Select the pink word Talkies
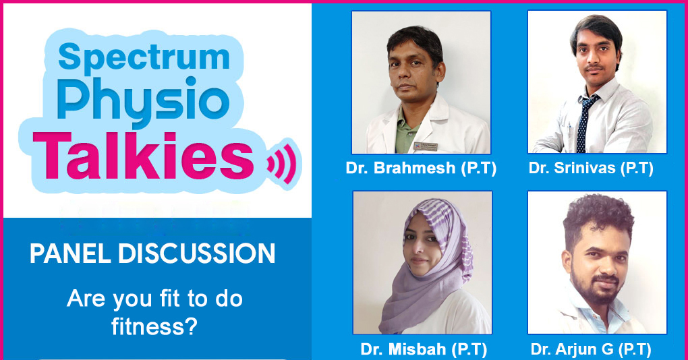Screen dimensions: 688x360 (x=144, y=156)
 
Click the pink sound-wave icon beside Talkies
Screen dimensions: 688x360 (x=281, y=163)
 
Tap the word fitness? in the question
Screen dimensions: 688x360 (x=154, y=327)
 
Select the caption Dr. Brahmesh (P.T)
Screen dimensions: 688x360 (x=421, y=168)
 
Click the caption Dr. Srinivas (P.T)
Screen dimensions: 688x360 (x=591, y=168)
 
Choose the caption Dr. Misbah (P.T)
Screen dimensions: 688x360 (x=424, y=349)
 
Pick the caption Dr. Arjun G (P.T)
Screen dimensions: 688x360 (x=591, y=349)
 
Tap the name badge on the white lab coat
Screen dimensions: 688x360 (x=425, y=146)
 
